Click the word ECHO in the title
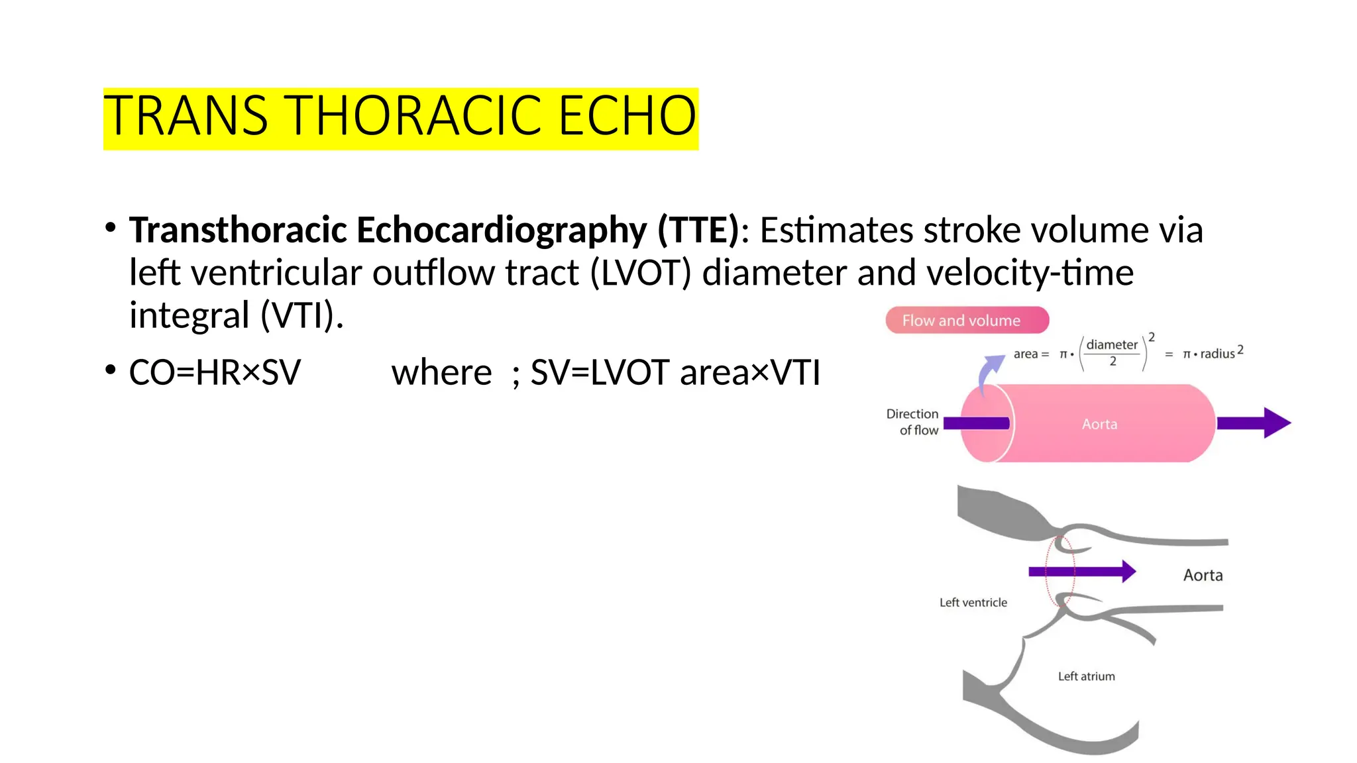627,116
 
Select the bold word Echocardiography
501,230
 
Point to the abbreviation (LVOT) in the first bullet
641,272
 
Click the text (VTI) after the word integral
302,315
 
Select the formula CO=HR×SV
215,372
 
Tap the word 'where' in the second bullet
441,372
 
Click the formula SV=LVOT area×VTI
675,372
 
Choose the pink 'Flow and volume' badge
967,321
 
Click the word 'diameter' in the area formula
1112,344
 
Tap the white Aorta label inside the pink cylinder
1099,424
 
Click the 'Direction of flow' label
913,422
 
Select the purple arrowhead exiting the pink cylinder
1276,423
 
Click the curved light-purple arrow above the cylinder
989,372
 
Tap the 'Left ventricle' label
973,603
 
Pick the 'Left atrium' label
1086,676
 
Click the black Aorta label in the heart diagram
1203,575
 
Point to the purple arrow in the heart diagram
1081,571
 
